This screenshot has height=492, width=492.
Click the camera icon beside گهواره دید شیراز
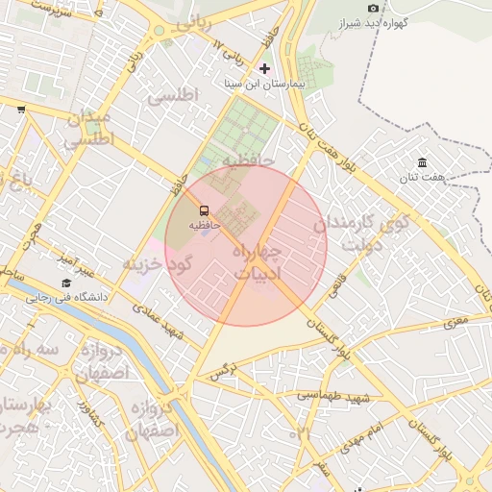[x=374, y=9]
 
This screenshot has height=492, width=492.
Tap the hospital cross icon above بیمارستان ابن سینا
[x=265, y=68]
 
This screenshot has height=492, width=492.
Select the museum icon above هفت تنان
[x=422, y=161]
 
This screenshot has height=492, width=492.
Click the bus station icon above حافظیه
[x=204, y=209]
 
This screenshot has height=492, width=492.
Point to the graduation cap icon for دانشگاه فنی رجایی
[x=66, y=283]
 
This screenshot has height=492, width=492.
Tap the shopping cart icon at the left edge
[x=21, y=110]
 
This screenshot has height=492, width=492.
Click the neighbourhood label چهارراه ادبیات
[x=257, y=261]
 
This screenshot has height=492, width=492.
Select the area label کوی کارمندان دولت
[x=361, y=233]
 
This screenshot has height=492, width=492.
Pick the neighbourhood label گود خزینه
[x=159, y=262]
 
